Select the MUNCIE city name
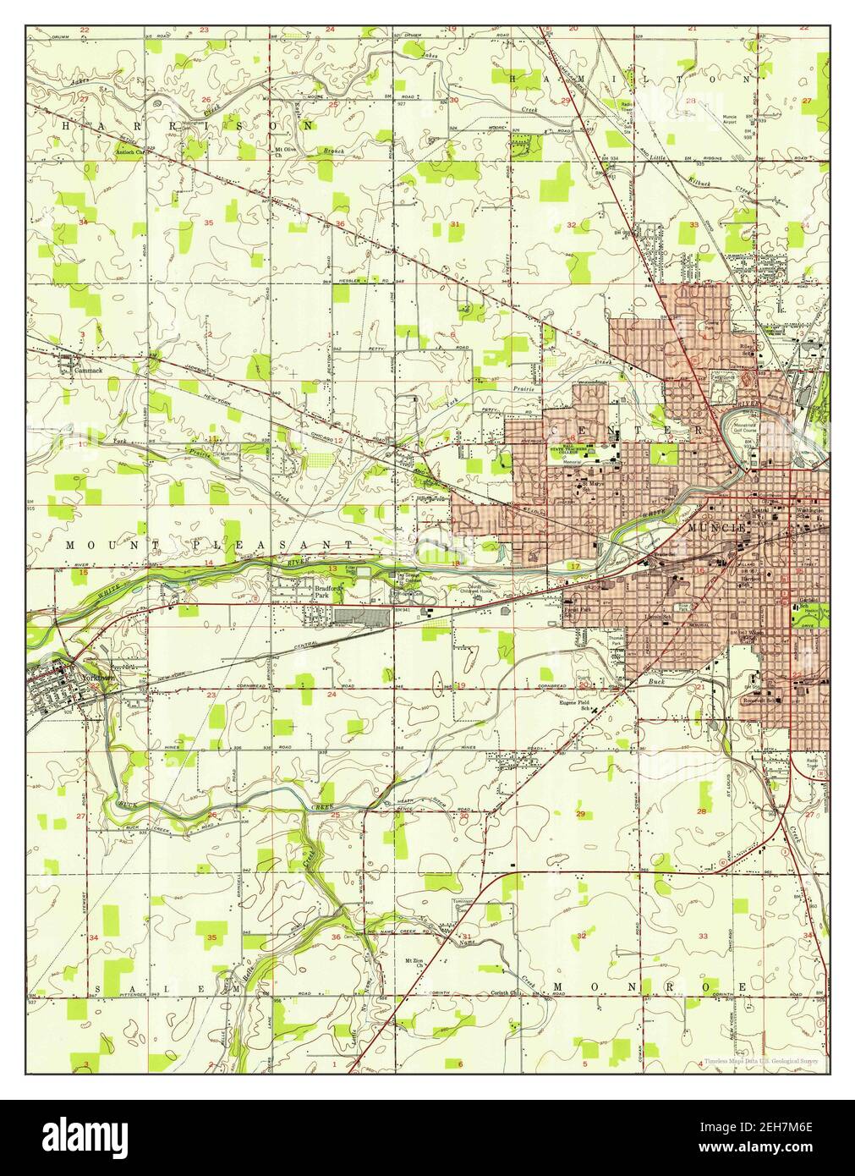pos(717,527)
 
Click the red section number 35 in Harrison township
pos(207,222)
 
